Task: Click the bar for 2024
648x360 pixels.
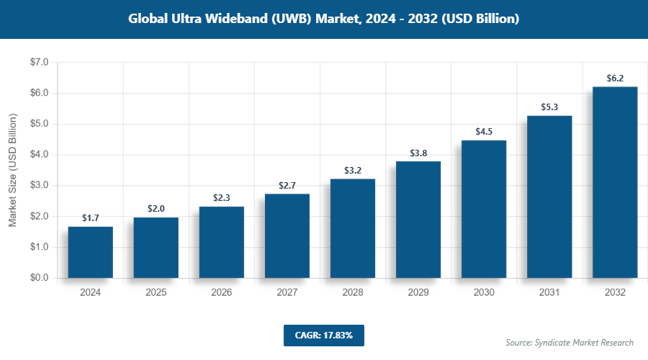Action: [x=91, y=252]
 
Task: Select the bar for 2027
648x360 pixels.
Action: [x=287, y=235]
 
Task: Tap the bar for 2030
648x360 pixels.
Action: [x=484, y=209]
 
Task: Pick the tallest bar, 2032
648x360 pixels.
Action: [x=615, y=182]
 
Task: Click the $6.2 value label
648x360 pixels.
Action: [x=615, y=78]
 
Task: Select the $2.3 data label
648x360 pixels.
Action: [x=222, y=197]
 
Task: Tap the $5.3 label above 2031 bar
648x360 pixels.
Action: [x=549, y=107]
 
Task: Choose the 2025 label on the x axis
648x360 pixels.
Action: [x=156, y=293]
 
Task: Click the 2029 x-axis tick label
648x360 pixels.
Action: [x=418, y=293]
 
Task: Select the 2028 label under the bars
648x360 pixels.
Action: [x=353, y=293]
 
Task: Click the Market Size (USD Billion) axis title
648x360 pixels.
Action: [x=12, y=171]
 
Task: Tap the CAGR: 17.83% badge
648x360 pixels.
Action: [x=324, y=335]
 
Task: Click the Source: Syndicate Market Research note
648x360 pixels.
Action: [x=570, y=342]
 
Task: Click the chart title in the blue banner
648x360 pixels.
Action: [x=324, y=19]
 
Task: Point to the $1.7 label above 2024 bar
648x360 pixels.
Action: [x=91, y=217]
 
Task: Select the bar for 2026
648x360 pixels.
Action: [x=222, y=242]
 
